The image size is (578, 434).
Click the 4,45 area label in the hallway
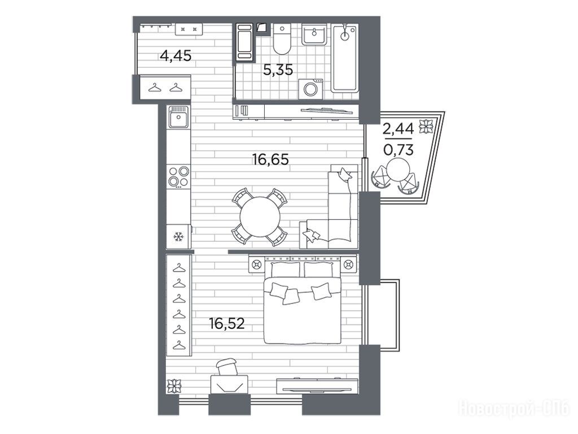[x=176, y=56]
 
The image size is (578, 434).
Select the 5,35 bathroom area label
[x=278, y=70]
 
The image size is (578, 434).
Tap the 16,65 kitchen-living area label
[x=270, y=159]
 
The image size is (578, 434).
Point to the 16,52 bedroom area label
[x=227, y=324]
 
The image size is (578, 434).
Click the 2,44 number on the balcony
[x=398, y=129]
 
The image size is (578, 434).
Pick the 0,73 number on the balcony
[x=398, y=150]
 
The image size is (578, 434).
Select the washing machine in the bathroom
[x=310, y=89]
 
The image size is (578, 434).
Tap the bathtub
[x=345, y=58]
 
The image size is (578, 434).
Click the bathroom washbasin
[x=314, y=34]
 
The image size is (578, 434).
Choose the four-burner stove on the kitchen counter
[x=179, y=177]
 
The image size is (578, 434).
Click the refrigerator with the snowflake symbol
[x=179, y=236]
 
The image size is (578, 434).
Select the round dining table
[x=259, y=216]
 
